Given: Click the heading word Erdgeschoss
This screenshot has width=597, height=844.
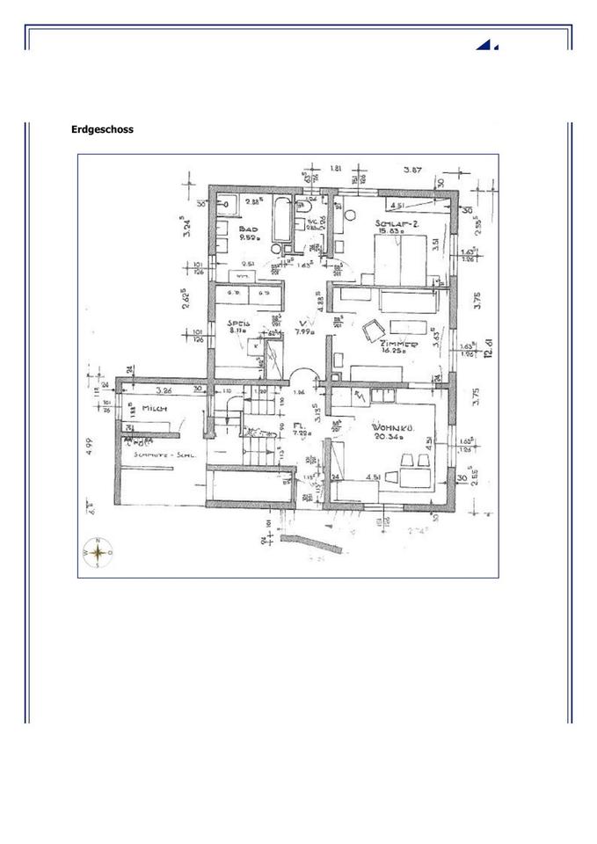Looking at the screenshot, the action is (102, 129).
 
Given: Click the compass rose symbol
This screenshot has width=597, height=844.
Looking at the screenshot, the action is (98, 552).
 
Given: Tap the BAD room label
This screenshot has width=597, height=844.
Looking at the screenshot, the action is (249, 227).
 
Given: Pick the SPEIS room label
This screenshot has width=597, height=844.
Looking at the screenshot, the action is (240, 323).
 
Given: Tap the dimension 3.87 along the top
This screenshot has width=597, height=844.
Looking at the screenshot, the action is (413, 169).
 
